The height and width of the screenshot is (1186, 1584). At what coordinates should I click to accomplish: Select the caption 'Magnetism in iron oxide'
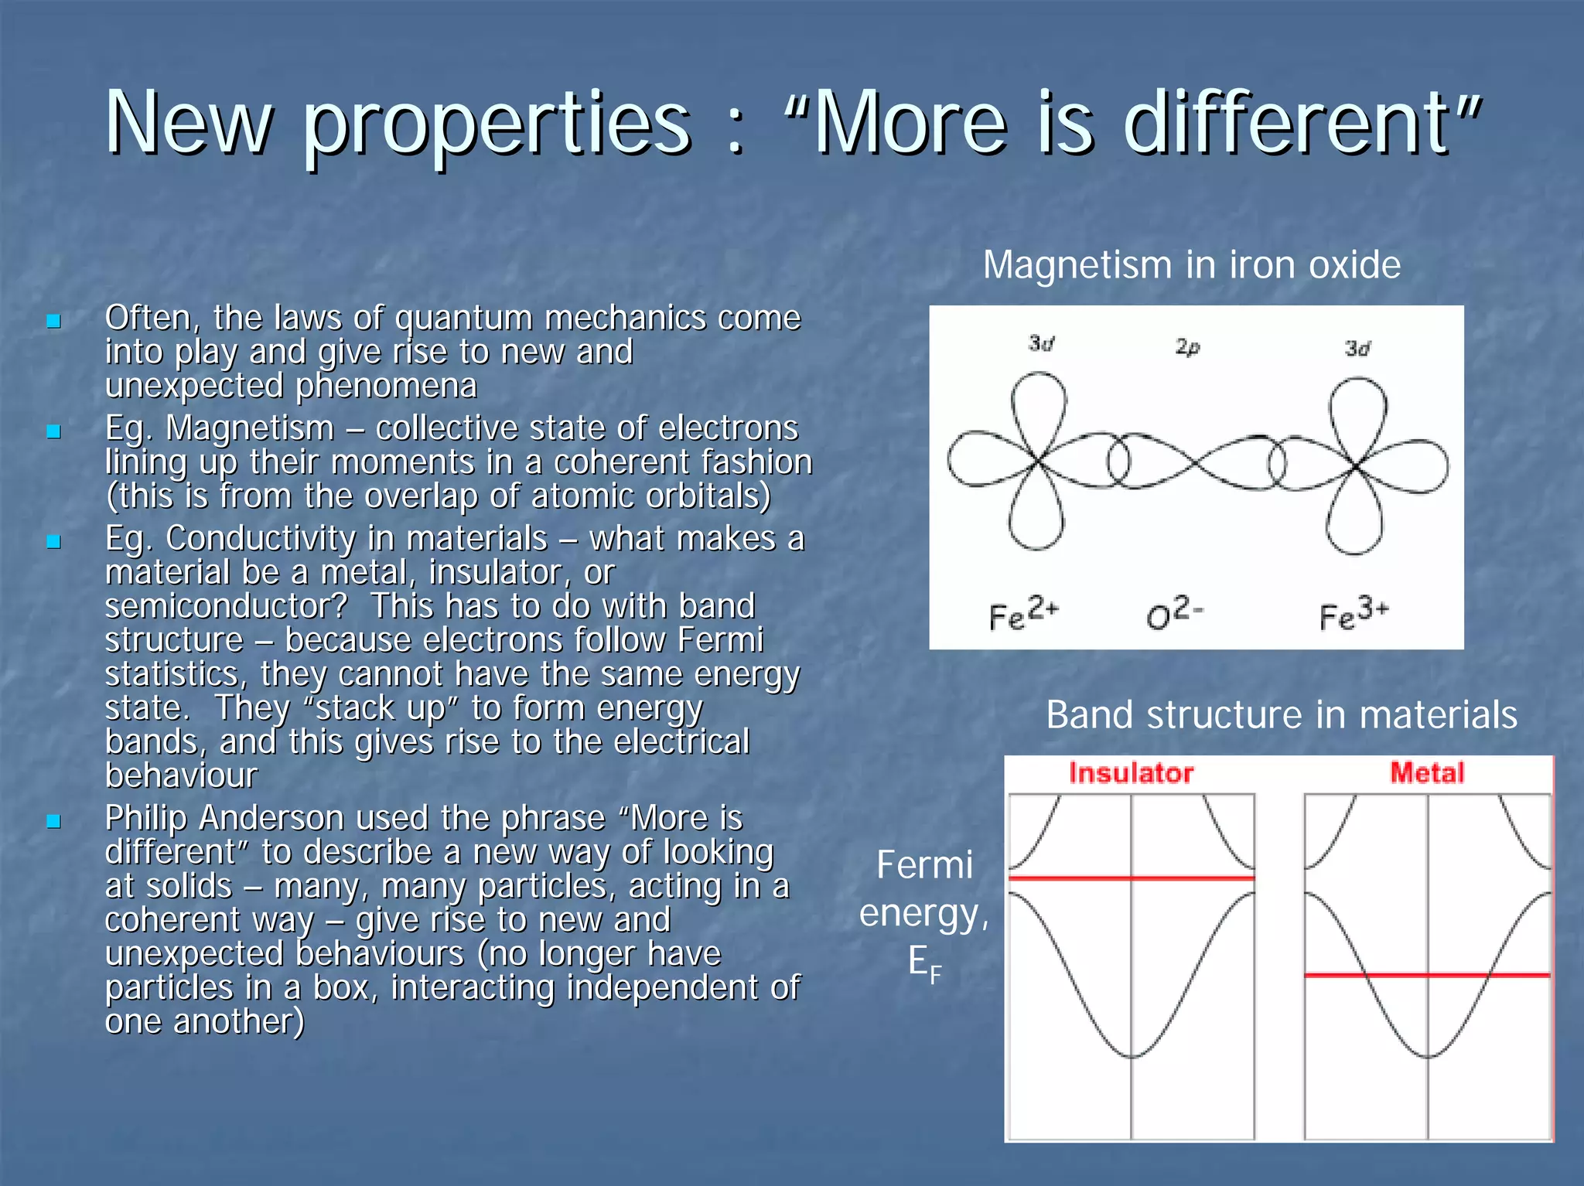[x=1191, y=265]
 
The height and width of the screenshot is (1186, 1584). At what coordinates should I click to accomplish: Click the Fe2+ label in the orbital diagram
[x=1022, y=614]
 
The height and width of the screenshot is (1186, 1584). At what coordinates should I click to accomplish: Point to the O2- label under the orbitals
[x=1174, y=614]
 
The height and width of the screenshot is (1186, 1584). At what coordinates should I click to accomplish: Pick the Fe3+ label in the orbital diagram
[x=1354, y=614]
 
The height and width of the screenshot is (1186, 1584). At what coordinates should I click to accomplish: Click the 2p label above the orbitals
[x=1187, y=347]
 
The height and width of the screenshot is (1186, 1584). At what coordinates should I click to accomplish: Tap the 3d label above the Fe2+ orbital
[x=1042, y=343]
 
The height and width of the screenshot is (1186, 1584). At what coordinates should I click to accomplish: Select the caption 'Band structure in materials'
[x=1281, y=714]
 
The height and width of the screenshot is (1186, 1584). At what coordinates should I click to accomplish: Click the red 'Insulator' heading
[x=1131, y=773]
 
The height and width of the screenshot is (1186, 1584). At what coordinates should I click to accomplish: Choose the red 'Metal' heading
[x=1427, y=773]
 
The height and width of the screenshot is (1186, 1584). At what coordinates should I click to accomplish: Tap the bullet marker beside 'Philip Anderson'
[x=53, y=820]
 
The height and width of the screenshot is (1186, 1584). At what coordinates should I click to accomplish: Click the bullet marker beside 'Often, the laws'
[x=53, y=320]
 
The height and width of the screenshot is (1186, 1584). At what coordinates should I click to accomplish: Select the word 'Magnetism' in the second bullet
[x=249, y=428]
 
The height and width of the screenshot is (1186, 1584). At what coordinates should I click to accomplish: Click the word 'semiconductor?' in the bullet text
[x=226, y=606]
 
